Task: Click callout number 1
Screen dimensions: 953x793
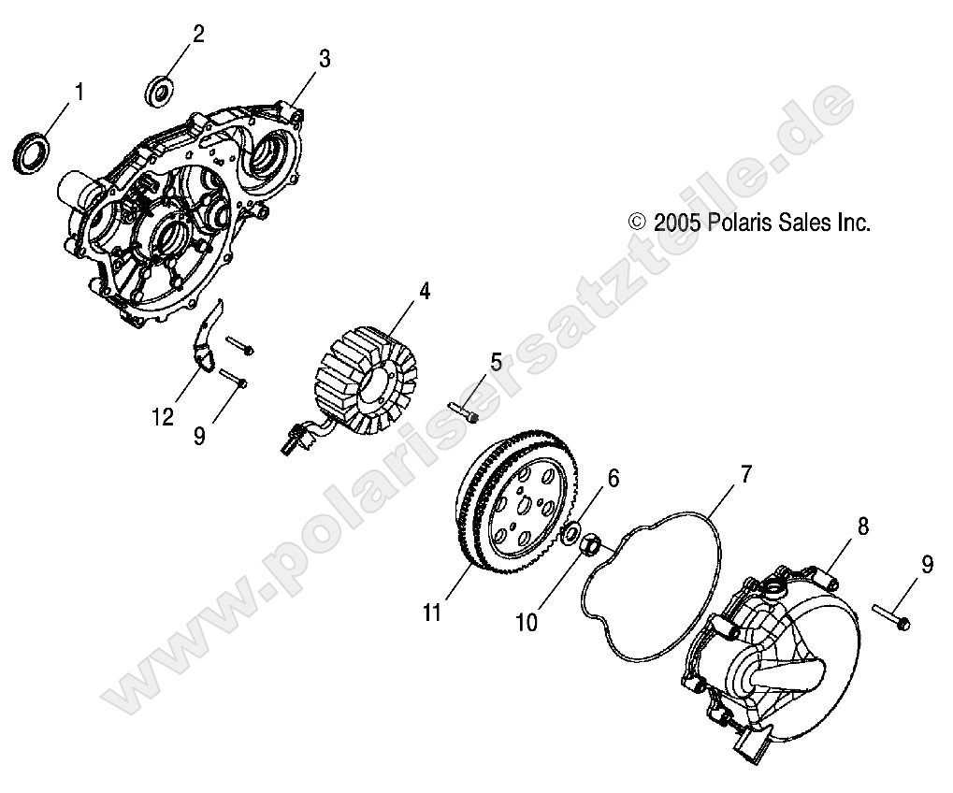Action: coord(79,92)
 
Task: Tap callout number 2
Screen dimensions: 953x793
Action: coord(197,35)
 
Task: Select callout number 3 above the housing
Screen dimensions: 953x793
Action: coord(324,59)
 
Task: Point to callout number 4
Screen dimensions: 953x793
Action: coord(425,291)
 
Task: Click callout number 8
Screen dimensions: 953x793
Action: coord(862,526)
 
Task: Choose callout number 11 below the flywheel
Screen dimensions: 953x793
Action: coord(431,613)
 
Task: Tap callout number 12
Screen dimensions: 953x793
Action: coord(164,416)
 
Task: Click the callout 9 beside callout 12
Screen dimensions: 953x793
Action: coord(199,436)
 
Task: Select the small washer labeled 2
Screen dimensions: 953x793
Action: coord(161,91)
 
